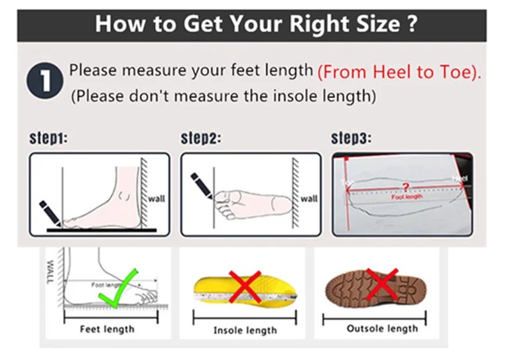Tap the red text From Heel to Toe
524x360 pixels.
point(399,72)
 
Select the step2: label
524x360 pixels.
point(200,139)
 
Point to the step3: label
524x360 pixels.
point(351,139)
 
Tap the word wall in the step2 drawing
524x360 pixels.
point(308,198)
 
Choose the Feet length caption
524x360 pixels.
point(107,330)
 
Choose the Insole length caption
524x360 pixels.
point(245,330)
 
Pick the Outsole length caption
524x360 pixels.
point(382,329)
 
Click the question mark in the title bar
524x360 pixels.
point(412,24)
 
